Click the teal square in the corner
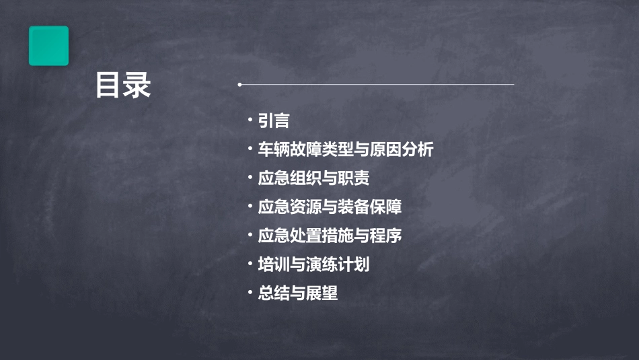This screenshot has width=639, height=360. tap(48, 46)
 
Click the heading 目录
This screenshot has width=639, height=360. tap(123, 85)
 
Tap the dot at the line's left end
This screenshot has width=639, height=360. tap(239, 85)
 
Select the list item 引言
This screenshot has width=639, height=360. tap(273, 121)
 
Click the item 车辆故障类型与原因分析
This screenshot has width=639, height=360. tap(345, 150)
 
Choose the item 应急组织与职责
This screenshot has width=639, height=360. tap(313, 179)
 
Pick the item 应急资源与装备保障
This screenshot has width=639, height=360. tap(330, 207)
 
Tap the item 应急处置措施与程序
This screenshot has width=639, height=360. tap(330, 236)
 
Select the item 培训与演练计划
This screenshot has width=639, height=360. tap(313, 264)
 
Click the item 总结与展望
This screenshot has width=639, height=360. tap(297, 293)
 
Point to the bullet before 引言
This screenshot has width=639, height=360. tap(250, 120)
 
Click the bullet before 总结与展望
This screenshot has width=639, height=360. tap(250, 293)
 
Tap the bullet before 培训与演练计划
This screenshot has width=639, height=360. tap(250, 264)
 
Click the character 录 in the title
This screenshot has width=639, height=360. tap(137, 85)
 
